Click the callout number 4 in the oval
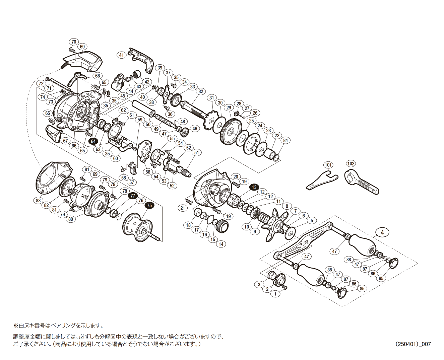click(382, 232)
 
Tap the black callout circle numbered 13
click(254, 187)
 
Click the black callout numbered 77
click(133, 196)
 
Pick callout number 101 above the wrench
click(328, 165)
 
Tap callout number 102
click(351, 164)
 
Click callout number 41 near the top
click(121, 55)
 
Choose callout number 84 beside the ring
click(285, 141)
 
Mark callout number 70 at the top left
click(74, 42)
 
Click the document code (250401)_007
click(413, 344)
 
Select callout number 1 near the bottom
click(275, 294)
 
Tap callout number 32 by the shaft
click(201, 91)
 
